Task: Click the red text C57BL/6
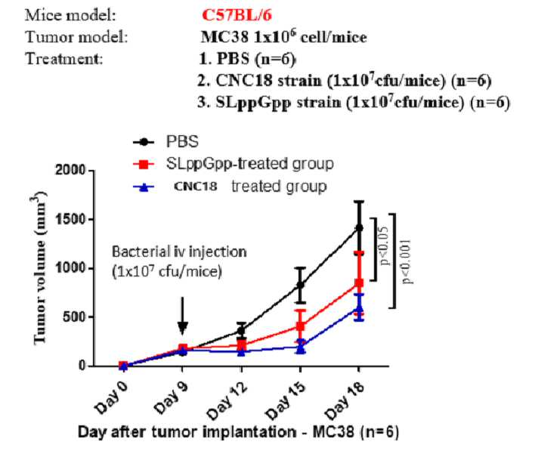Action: pyautogui.click(x=237, y=15)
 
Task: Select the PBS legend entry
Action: pyautogui.click(x=165, y=141)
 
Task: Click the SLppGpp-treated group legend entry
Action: pyautogui.click(x=233, y=164)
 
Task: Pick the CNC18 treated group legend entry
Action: pyautogui.click(x=230, y=187)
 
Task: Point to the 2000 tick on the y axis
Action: pyautogui.click(x=70, y=169)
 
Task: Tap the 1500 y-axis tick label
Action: pyautogui.click(x=70, y=219)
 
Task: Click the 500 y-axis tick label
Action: pyautogui.click(x=74, y=317)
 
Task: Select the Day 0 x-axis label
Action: pyautogui.click(x=111, y=397)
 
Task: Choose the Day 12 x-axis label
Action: pyautogui.click(x=227, y=400)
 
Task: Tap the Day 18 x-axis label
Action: pyautogui.click(x=345, y=400)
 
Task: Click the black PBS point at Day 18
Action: pyautogui.click(x=359, y=227)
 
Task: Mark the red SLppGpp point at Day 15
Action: pyautogui.click(x=300, y=326)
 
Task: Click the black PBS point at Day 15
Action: pyautogui.click(x=300, y=285)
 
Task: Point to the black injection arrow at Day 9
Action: pyautogui.click(x=183, y=316)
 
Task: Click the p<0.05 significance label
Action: pyautogui.click(x=384, y=246)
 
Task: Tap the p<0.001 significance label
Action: pyautogui.click(x=406, y=261)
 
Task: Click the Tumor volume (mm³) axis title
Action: pyautogui.click(x=40, y=267)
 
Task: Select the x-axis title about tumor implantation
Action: pyautogui.click(x=238, y=432)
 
